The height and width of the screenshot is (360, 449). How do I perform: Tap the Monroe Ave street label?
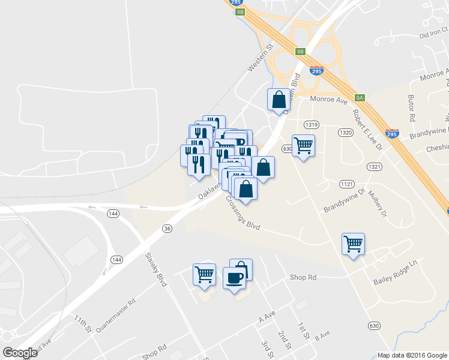click(x=329, y=100)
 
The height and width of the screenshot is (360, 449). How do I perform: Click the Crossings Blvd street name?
click(x=243, y=213)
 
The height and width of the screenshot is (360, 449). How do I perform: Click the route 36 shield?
click(x=167, y=228)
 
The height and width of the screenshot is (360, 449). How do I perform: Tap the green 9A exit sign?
click(x=360, y=97)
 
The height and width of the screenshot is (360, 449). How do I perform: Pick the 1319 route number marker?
click(x=311, y=125)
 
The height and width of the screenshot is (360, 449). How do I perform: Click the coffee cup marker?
click(x=234, y=278)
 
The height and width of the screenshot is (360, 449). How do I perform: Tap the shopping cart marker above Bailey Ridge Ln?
click(x=353, y=244)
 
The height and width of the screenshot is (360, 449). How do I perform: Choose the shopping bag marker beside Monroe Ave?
click(x=279, y=100)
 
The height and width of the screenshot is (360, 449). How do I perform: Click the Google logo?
click(x=20, y=353)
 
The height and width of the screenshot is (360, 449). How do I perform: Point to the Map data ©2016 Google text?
click(x=412, y=355)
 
